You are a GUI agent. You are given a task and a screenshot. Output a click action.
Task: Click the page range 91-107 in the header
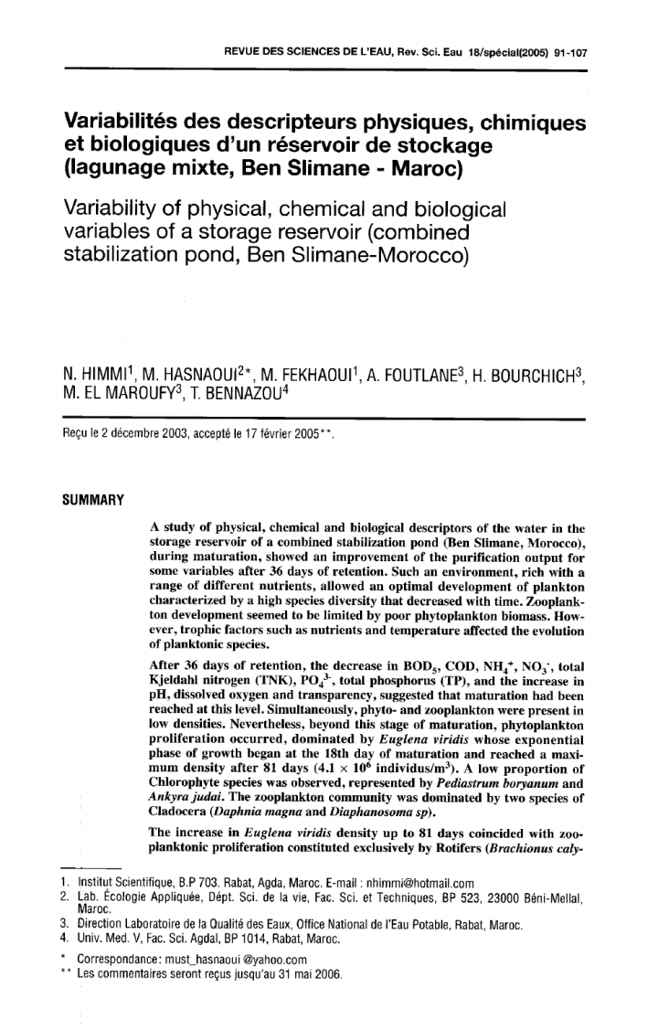[567, 53]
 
